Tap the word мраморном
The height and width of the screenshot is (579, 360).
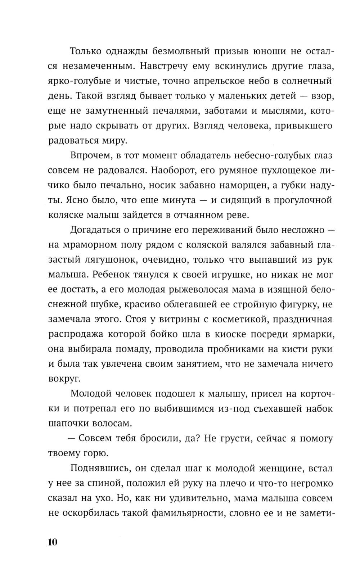(90, 245)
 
